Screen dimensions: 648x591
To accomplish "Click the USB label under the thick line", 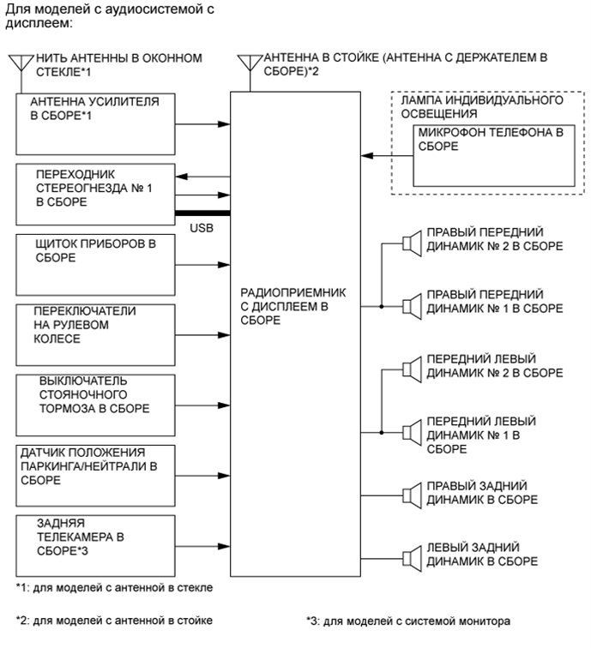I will (202, 229).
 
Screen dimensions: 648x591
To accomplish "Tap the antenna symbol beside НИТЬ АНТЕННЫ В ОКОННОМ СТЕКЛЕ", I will (19, 65).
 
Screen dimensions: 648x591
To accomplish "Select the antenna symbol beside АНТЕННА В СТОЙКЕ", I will (249, 65).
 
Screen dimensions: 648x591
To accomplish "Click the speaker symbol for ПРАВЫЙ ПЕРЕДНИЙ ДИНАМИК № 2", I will (409, 243).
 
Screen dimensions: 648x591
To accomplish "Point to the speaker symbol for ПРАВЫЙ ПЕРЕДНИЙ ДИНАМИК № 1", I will (409, 305).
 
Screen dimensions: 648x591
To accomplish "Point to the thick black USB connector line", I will (202, 213).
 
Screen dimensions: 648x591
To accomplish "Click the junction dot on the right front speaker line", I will (380, 305).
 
